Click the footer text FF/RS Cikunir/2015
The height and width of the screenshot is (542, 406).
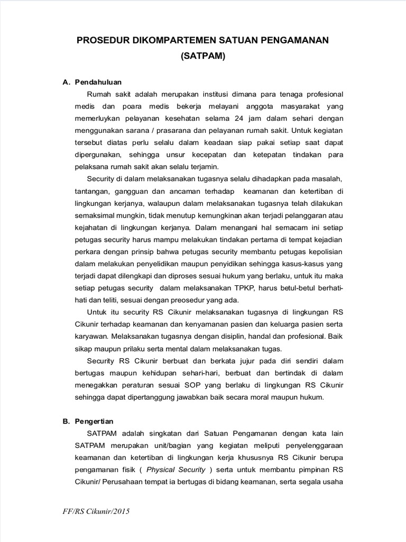click(96, 512)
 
